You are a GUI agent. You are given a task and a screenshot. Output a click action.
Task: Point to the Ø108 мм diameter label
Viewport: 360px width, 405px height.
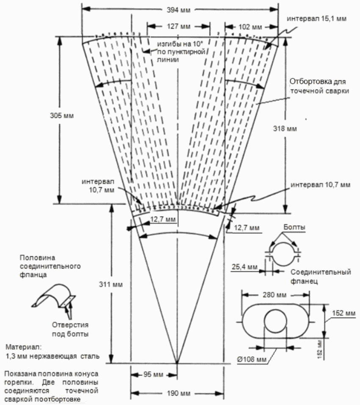[x=251, y=359]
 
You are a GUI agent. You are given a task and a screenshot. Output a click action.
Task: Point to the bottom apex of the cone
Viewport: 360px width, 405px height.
[x=177, y=363]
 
